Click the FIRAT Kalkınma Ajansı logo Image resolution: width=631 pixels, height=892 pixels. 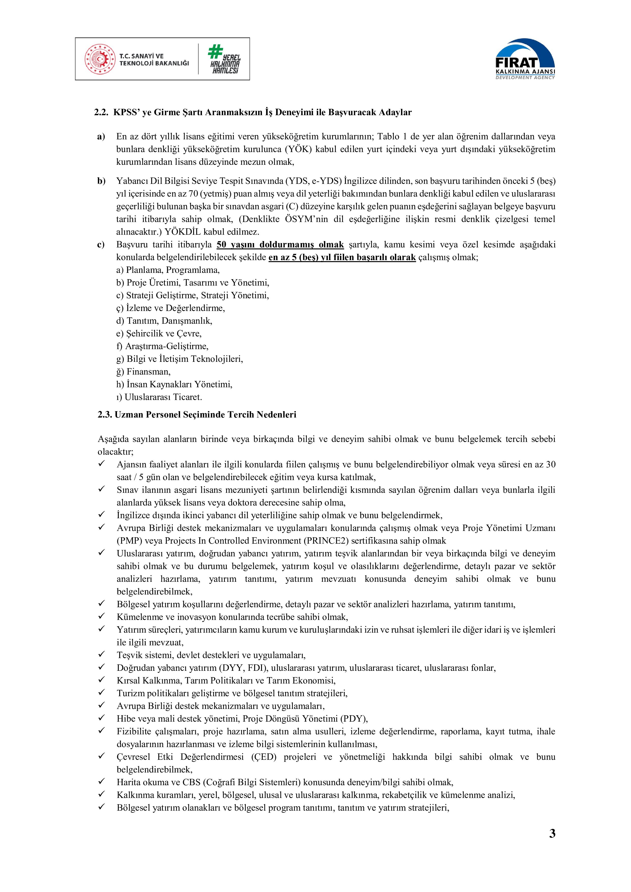(525, 59)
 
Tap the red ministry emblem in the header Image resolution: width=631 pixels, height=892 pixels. (100, 59)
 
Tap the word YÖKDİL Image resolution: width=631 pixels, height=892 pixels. (185, 232)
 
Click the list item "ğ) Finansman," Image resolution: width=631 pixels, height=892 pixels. (143, 372)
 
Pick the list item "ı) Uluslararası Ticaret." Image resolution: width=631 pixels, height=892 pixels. (159, 397)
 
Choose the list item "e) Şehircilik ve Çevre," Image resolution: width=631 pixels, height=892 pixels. (159, 333)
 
